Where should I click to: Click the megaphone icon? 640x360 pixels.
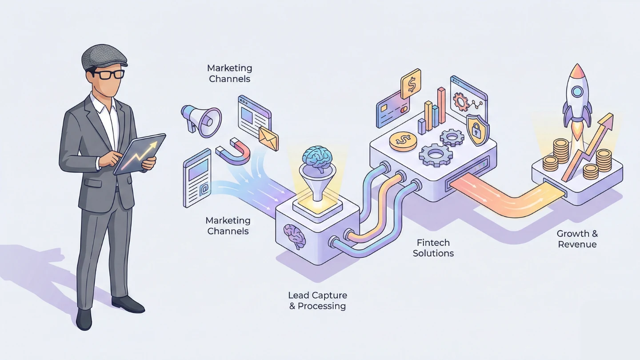pos(201,119)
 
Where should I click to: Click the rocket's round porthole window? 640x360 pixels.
pos(577,92)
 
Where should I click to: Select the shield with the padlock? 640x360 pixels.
pos(478,129)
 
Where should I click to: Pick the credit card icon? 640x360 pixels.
pos(392,109)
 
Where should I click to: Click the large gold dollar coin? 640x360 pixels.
pos(403,141)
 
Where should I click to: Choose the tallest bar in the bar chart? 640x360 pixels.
pos(441,105)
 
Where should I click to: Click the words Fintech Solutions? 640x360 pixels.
pos(433,248)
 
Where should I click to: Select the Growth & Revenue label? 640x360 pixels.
pos(577,239)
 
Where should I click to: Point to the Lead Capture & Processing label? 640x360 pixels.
pos(317,300)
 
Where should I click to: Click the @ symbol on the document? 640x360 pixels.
pos(204,190)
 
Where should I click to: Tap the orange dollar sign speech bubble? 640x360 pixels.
pos(410,83)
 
